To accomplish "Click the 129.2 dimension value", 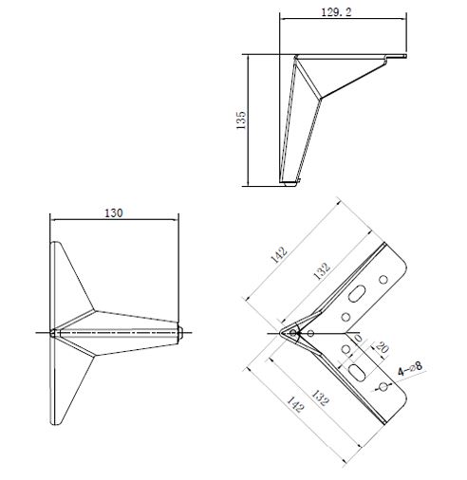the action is [x=336, y=12].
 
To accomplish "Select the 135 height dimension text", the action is [x=241, y=120].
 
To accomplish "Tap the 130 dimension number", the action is [x=114, y=213].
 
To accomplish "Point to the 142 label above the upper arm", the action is [x=279, y=255].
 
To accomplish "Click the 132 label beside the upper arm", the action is [x=322, y=271].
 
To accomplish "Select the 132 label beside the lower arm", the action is [x=320, y=397].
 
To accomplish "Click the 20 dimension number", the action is [x=382, y=348].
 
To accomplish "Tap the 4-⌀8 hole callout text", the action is [x=410, y=369].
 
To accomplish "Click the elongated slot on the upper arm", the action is [x=357, y=293].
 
